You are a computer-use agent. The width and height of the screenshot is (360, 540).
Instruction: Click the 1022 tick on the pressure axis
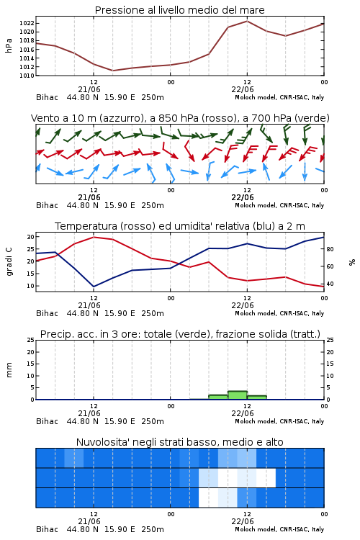point(27,23)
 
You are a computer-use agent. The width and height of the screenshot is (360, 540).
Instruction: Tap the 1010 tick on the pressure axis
point(27,76)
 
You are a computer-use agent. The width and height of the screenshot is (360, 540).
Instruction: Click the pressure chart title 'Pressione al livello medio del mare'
point(180,10)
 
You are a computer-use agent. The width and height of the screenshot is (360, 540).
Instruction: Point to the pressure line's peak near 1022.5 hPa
point(247,21)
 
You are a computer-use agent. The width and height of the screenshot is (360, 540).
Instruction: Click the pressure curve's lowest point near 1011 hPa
point(112,71)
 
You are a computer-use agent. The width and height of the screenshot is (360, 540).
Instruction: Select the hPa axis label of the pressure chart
point(9,45)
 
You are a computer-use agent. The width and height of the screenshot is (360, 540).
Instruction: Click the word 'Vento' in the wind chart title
point(43,118)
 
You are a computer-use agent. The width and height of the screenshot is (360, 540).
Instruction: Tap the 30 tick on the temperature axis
point(31,237)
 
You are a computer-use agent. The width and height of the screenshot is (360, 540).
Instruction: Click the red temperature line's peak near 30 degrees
point(94,237)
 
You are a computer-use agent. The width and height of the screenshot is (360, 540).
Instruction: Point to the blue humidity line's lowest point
point(94,287)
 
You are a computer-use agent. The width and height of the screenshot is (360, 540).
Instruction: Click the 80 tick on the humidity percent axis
point(330,249)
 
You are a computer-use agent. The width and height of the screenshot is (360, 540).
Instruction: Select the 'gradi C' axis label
point(9,261)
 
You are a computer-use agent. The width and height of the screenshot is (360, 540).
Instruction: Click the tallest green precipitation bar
point(238,395)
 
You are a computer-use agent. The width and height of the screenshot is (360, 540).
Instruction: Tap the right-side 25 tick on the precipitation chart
point(330,340)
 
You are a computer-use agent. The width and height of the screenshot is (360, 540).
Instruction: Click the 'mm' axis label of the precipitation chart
point(9,369)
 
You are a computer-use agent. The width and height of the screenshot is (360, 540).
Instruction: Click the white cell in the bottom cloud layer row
point(208,498)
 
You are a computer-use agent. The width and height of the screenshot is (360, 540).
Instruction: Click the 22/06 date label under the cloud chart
point(243,521)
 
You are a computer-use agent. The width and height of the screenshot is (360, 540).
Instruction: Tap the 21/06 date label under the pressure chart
point(89,89)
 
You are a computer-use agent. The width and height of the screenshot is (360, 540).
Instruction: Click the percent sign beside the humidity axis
point(352,262)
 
